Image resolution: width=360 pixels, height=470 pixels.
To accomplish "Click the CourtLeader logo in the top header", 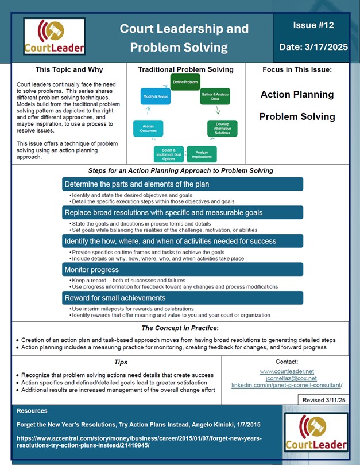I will pos(55,36).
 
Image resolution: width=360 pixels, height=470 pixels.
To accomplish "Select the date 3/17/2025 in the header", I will pos(313,47).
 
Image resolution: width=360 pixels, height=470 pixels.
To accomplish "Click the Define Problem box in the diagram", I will pos(185,82).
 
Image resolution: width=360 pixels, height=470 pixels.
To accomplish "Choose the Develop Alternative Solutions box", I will pos(222,128).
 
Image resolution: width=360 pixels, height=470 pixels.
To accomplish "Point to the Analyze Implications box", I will pos(202,154).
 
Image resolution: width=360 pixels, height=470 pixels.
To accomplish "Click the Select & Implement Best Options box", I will pos(169,153).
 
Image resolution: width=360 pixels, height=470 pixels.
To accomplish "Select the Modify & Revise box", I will pos(155,98).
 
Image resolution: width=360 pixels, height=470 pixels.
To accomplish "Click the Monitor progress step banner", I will pos(183,269).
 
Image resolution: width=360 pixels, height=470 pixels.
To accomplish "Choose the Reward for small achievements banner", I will pos(183,297).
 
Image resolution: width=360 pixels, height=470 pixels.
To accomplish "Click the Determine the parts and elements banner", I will pos(183,184).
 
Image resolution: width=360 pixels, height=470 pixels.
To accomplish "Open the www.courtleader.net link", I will pos(287,371).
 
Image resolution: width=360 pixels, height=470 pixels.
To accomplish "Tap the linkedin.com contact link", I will pos(287,385).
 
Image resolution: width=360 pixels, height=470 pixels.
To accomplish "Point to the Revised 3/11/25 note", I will pos(324,399).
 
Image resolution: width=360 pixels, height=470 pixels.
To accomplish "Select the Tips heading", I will pos(120,362).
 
